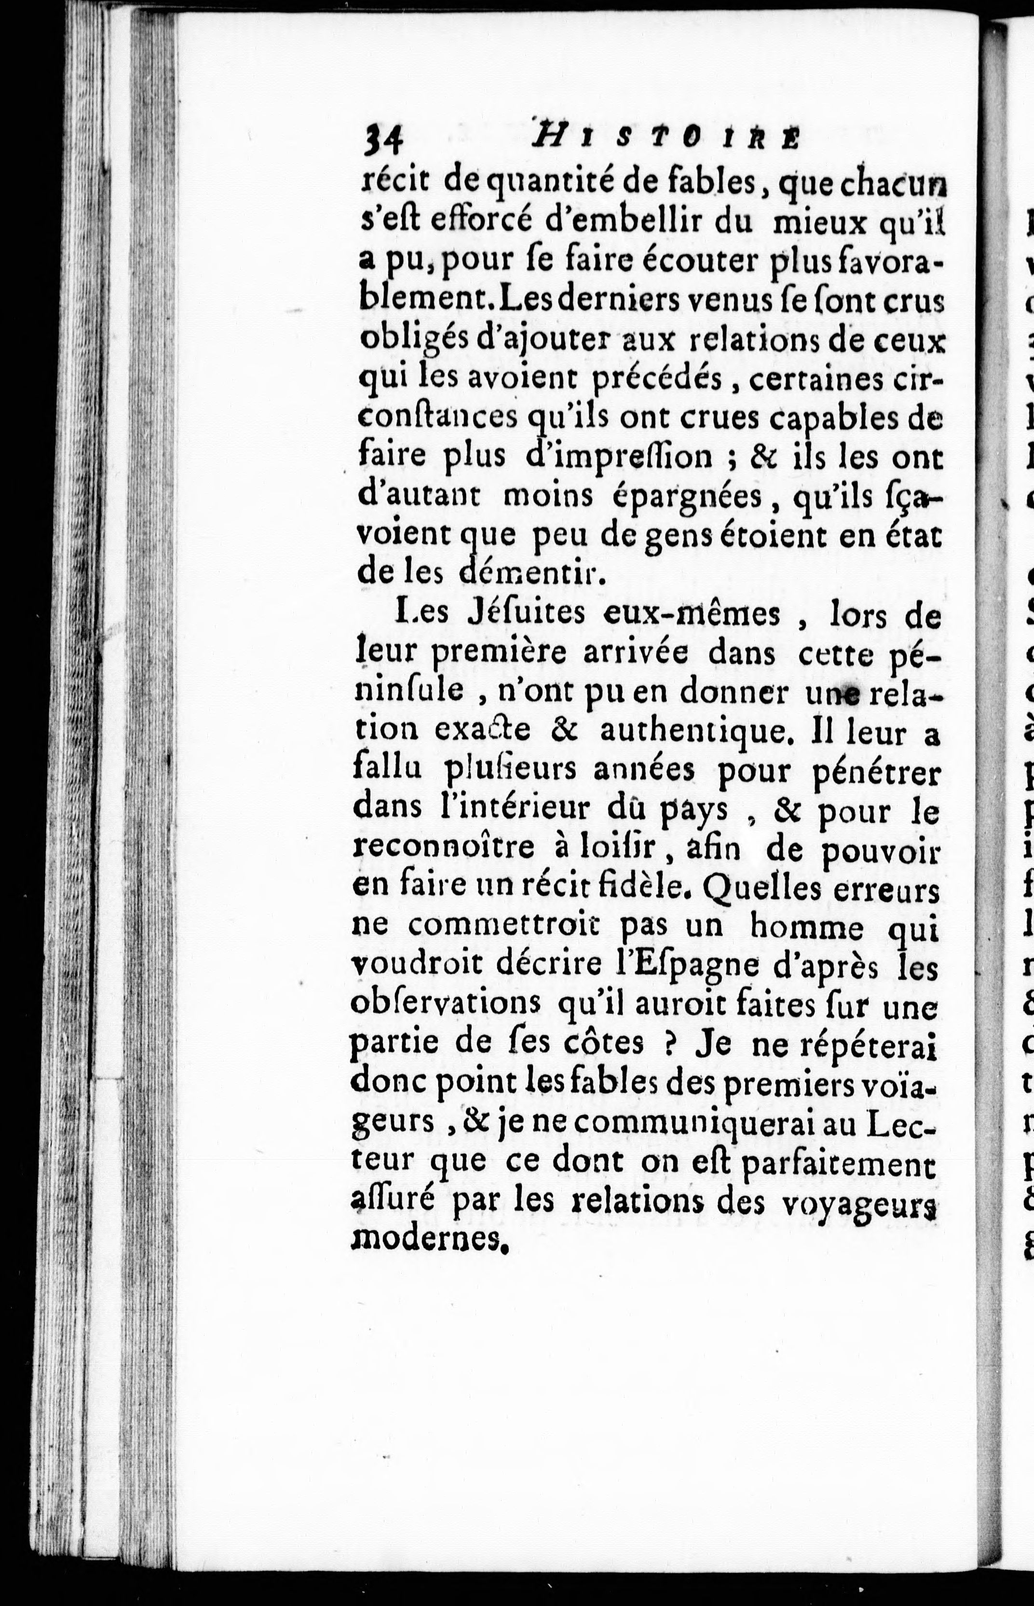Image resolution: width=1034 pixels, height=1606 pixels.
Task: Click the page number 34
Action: (382, 142)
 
